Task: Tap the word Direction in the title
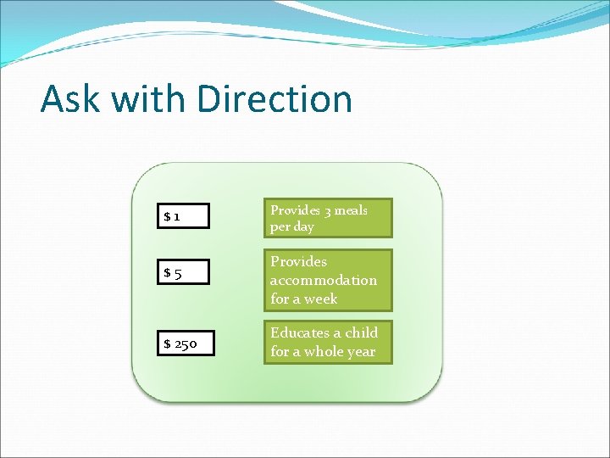click(x=274, y=98)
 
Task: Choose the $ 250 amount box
click(x=186, y=343)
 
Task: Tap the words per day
click(x=292, y=227)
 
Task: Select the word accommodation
click(x=324, y=280)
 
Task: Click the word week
click(x=320, y=299)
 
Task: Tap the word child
click(x=361, y=332)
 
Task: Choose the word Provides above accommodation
click(x=298, y=261)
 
